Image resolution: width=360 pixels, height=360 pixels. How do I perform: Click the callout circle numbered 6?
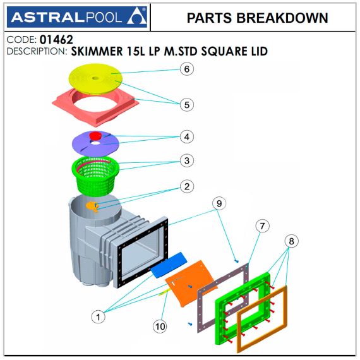(187, 69)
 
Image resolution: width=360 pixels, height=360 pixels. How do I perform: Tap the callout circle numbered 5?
(187, 105)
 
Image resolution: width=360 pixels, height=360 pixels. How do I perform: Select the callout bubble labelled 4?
(187, 137)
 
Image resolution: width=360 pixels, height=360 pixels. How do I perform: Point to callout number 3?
(187, 160)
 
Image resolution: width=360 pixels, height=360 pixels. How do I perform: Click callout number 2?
(187, 186)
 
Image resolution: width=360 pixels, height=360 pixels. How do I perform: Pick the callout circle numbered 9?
(219, 203)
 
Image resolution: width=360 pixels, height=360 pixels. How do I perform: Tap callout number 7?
(263, 226)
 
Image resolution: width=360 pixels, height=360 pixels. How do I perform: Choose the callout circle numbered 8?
(291, 241)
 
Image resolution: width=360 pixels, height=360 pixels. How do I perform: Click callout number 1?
(99, 317)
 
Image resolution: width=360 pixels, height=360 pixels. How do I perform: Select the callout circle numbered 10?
(160, 327)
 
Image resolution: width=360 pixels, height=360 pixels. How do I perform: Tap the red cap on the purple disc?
(95, 136)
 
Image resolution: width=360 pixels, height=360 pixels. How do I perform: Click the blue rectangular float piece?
(169, 265)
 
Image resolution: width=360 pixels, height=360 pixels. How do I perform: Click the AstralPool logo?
(77, 17)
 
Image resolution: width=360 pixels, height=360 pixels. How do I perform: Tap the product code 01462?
(56, 40)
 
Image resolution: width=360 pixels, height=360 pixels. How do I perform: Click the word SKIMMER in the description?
(97, 51)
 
